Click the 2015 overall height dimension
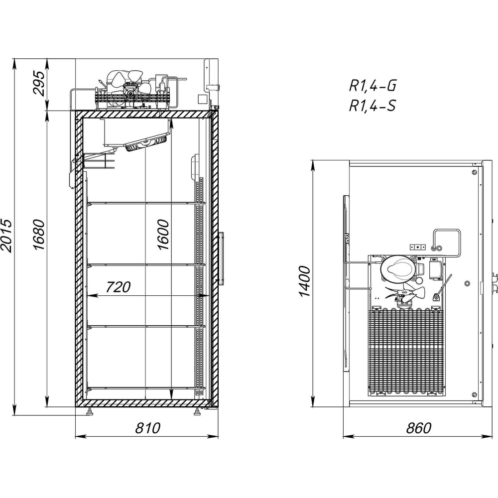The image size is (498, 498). tap(6, 236)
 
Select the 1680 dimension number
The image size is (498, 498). tap(39, 235)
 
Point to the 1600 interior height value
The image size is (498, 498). tap(163, 235)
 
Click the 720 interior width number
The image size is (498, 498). tap(118, 287)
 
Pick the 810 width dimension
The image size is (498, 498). tap(148, 428)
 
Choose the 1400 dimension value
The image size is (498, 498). tap(304, 281)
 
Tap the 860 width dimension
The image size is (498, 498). tap(419, 428)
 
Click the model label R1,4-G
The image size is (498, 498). tap(373, 86)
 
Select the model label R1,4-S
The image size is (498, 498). tap(373, 106)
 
